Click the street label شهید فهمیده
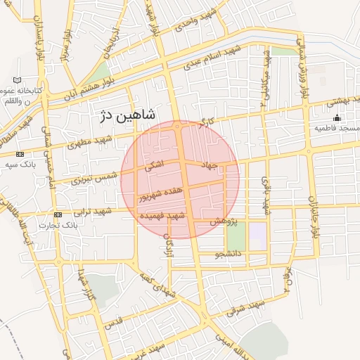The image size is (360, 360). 162,215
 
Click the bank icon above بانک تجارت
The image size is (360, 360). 58,214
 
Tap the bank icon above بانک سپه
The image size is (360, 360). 19,154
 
